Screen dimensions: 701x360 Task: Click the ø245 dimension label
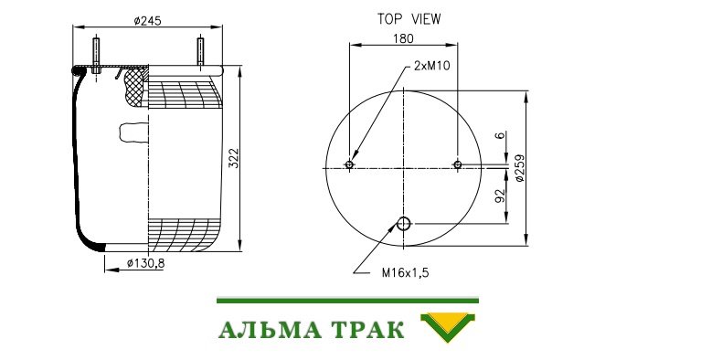(147, 21)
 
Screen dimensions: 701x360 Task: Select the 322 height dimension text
(234, 158)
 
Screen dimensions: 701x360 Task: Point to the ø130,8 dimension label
(145, 263)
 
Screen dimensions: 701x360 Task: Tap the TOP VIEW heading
(409, 19)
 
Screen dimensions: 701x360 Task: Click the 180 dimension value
(403, 39)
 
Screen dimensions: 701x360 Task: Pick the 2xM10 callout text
(432, 66)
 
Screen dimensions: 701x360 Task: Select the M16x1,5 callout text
(405, 272)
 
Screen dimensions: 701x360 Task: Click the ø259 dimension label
(520, 168)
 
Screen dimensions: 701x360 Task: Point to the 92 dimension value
(500, 196)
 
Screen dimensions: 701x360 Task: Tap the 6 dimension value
(500, 134)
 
